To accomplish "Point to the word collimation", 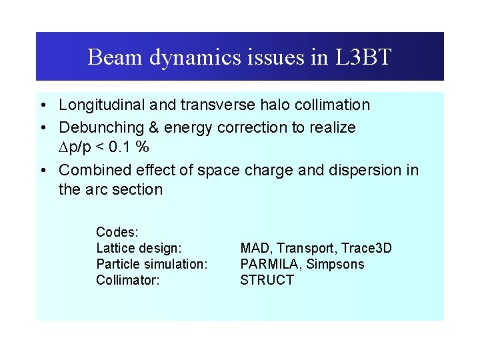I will tap(330, 105).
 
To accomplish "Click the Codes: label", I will tap(117, 232).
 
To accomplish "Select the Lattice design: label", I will tap(139, 248).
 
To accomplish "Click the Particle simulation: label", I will tap(152, 264).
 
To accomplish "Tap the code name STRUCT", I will tap(267, 280).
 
